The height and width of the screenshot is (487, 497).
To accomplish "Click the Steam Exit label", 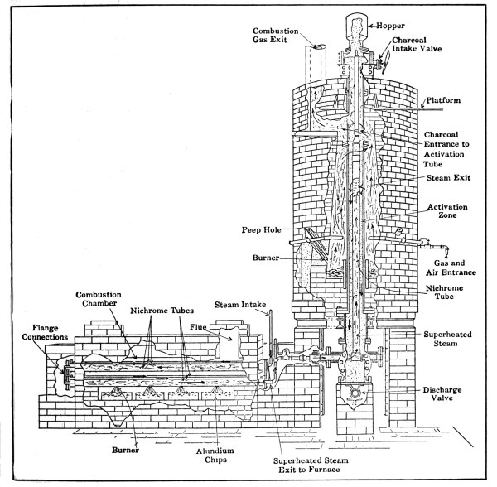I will pyautogui.click(x=447, y=177).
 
